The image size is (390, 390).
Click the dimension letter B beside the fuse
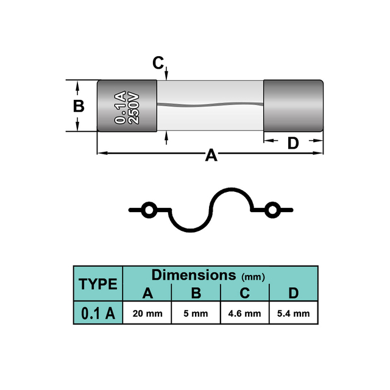(79, 106)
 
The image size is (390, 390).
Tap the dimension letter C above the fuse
(158, 63)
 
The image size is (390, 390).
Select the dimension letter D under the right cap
(293, 143)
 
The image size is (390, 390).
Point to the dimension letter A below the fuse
(211, 155)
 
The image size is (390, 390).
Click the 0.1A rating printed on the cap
(120, 107)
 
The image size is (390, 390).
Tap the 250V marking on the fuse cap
(133, 108)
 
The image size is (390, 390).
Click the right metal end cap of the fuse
(294, 105)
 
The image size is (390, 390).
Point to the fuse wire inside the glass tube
(210, 104)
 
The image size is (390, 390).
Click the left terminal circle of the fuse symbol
(149, 210)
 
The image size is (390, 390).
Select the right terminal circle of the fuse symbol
(272, 210)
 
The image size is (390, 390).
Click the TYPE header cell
(98, 283)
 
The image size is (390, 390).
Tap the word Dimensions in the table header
(194, 275)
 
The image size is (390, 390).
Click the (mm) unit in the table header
(253, 277)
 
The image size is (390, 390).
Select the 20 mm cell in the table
(147, 313)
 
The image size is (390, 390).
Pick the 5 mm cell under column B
(196, 313)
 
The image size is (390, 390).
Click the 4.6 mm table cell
(244, 313)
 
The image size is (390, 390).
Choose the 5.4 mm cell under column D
(294, 313)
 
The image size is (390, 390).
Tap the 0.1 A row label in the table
(98, 313)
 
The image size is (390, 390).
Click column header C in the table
(245, 293)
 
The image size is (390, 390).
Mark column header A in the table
(147, 293)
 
